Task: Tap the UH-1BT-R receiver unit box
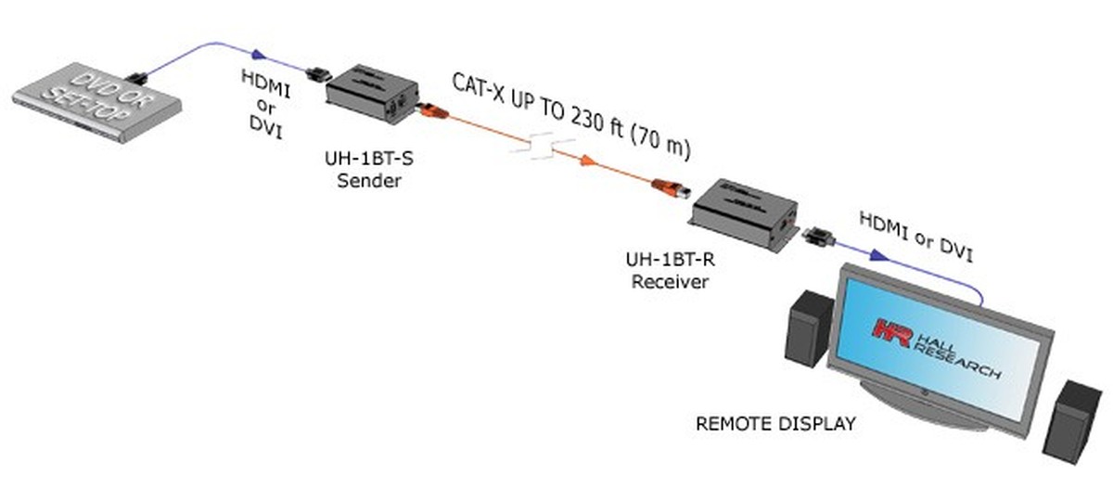742,214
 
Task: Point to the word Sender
368,180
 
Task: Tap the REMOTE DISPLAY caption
775,425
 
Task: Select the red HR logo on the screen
887,331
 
